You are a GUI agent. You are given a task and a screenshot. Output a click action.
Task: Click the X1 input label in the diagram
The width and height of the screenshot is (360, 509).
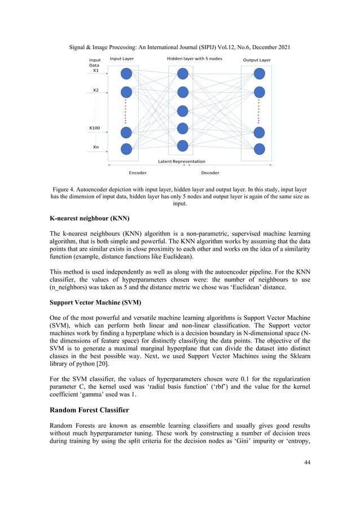coord(95,71)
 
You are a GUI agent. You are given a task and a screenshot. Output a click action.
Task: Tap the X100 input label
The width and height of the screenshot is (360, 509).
coord(94,128)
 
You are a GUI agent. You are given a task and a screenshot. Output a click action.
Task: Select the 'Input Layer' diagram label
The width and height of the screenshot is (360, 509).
coord(122,59)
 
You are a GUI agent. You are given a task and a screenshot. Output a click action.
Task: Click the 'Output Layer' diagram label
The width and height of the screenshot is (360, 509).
coord(257,60)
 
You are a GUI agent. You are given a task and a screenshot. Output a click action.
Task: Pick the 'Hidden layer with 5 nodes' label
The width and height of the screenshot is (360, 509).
coord(194,59)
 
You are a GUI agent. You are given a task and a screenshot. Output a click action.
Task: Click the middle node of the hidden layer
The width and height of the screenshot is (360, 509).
coord(182,110)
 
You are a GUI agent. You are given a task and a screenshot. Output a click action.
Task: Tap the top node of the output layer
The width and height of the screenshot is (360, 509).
coord(259,73)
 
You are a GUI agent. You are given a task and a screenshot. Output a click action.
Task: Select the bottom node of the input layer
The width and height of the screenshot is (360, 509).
coord(126,149)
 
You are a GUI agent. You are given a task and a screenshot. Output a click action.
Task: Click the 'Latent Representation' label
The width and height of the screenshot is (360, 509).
coord(182,161)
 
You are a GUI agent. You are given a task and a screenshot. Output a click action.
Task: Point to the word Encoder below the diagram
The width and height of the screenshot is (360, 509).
coord(138,173)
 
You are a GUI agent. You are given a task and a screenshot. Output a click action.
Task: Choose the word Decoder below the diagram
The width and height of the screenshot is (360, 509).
coord(210,173)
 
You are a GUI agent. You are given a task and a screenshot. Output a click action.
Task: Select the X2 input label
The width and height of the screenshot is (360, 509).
coord(95,90)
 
